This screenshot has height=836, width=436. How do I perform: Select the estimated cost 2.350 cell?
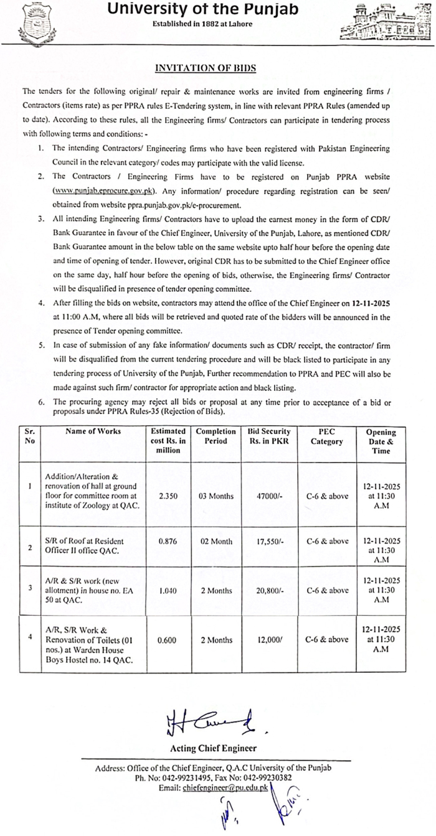tap(168, 496)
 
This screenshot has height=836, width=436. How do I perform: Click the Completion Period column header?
tap(216, 436)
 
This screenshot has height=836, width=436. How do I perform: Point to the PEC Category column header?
tap(327, 436)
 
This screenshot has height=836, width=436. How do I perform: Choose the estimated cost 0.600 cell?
tap(168, 639)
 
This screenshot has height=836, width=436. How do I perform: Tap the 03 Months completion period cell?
tap(216, 496)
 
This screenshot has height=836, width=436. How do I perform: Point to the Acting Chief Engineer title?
tap(214, 748)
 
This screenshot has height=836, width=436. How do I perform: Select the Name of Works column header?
tap(93, 431)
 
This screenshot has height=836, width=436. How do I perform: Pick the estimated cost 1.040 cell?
tap(168, 590)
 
